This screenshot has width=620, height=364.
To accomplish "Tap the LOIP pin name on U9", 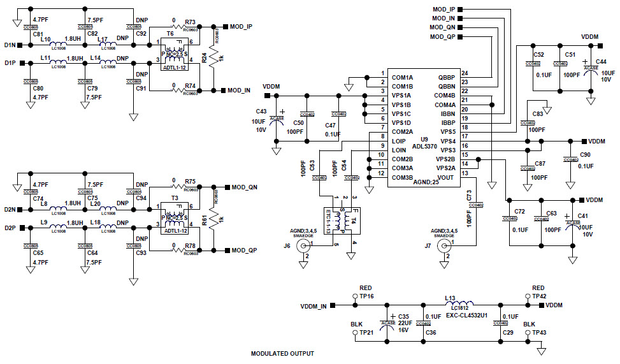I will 399,141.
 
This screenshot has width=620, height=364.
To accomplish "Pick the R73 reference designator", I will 190,22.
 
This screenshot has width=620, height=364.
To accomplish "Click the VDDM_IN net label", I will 313,307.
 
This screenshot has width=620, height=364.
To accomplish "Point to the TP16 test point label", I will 366,296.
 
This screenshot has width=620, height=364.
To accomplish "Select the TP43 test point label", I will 538,333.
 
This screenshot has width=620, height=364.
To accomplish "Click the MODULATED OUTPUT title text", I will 282,353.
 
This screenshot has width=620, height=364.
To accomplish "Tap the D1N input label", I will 10,45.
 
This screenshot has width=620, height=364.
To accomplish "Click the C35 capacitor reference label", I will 403,316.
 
